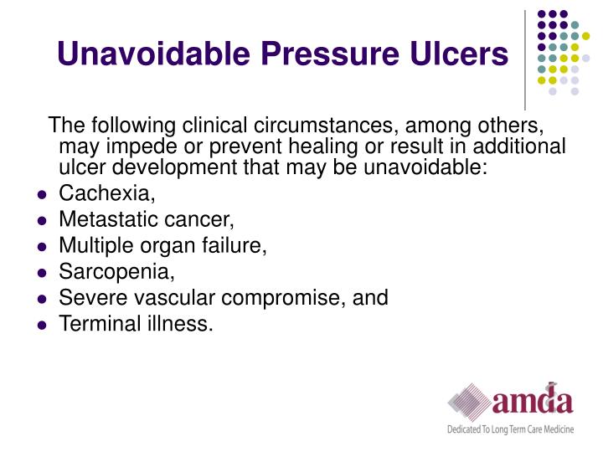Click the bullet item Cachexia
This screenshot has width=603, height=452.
click(106, 195)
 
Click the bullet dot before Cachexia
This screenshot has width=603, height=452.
click(41, 196)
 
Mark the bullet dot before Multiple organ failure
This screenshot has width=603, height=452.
click(41, 247)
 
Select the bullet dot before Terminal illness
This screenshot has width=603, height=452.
click(41, 324)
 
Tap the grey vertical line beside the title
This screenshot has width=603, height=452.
click(525, 59)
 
